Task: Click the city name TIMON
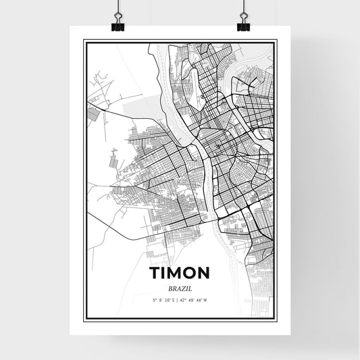[180, 272]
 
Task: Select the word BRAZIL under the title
[180, 288]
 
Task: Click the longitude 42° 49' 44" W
[195, 299]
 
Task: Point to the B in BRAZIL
[170, 288]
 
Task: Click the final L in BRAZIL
[189, 288]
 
